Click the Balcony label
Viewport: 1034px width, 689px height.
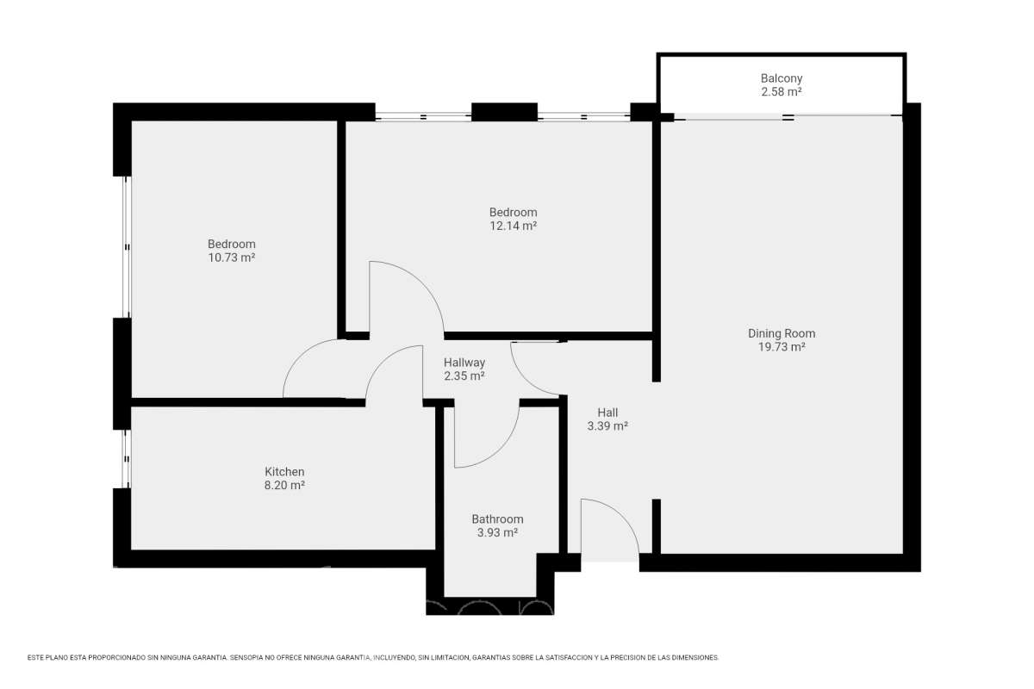[x=781, y=78]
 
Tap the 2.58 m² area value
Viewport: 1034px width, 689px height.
[x=781, y=92]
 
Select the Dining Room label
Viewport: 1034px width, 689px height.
[x=782, y=333]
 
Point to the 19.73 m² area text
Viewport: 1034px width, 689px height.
[x=782, y=346]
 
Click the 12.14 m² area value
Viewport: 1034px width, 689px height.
[x=513, y=226]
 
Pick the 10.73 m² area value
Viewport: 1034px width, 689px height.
[x=231, y=258]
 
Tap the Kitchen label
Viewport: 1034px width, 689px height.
[x=284, y=472]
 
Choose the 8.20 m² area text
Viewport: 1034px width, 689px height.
[x=284, y=485]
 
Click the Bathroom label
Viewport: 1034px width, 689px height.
[x=497, y=519]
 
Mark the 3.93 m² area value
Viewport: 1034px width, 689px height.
[x=497, y=532]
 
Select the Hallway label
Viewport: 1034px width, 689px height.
[x=464, y=363]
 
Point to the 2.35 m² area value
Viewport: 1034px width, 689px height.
[x=464, y=376]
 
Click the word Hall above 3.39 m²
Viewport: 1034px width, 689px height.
[x=607, y=413]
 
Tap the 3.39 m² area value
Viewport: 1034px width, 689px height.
[x=607, y=426]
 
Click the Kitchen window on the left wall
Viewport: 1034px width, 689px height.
[x=126, y=459]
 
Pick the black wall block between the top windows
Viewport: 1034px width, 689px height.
[x=504, y=112]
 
